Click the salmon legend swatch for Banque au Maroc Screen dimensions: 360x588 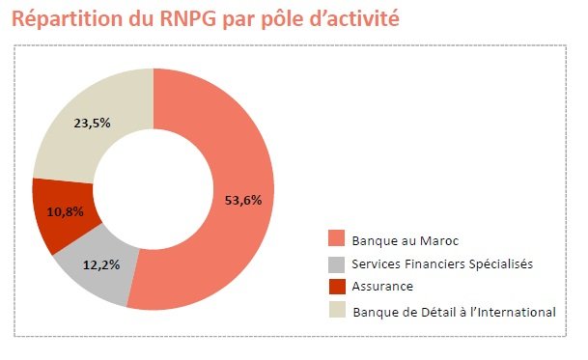pos(335,238)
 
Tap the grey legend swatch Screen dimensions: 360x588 pos(335,263)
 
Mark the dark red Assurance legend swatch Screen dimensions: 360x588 pos(335,286)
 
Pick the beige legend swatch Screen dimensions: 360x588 pos(335,310)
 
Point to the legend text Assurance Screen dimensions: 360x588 pos(382,287)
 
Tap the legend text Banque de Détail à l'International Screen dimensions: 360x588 pos(454,311)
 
